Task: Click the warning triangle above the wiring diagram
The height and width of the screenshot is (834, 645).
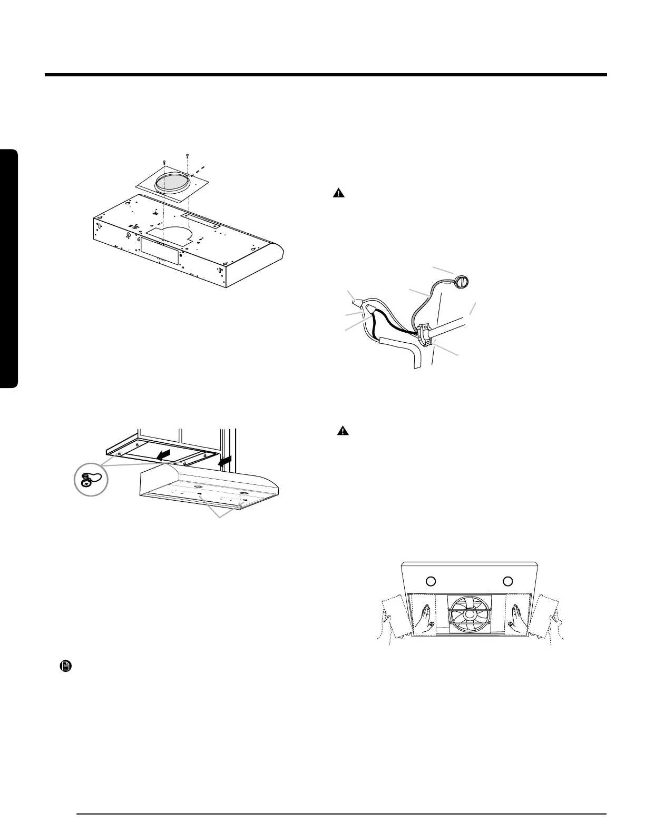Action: pyautogui.click(x=338, y=193)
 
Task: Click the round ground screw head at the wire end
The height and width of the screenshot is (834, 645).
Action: pyautogui.click(x=462, y=282)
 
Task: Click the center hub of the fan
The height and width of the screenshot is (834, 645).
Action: pyautogui.click(x=468, y=613)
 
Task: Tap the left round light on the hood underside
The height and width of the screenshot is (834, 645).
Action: pyautogui.click(x=431, y=581)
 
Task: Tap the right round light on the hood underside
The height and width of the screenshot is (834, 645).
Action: pyautogui.click(x=507, y=581)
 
